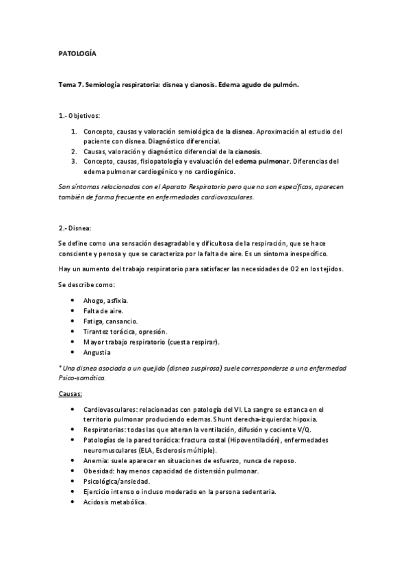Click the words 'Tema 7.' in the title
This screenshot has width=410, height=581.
[x=71, y=85]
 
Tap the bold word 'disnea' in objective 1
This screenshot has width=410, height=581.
[x=243, y=131]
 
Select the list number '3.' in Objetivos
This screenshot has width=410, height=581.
[x=74, y=161]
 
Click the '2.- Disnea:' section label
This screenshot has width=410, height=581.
[x=76, y=227]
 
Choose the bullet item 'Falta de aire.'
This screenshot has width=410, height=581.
[x=103, y=311]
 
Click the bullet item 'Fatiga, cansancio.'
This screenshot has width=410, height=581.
[x=110, y=321]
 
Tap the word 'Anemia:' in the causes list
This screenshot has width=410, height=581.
[x=98, y=460]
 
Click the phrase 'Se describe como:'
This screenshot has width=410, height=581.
[x=86, y=284]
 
